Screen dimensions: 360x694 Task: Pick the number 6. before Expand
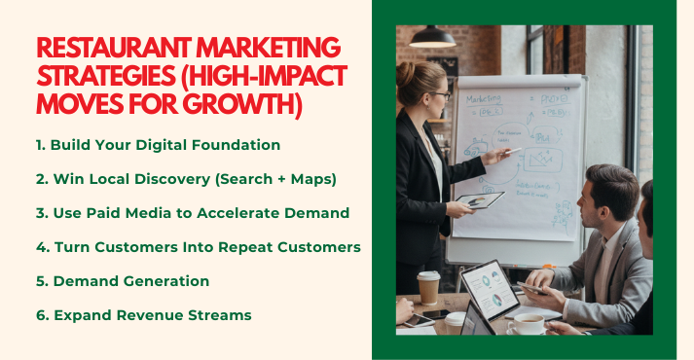coord(41,315)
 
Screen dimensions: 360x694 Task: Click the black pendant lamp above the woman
coord(432,37)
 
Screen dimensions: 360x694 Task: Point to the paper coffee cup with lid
coord(428,288)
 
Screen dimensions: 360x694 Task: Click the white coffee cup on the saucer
coord(527,323)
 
